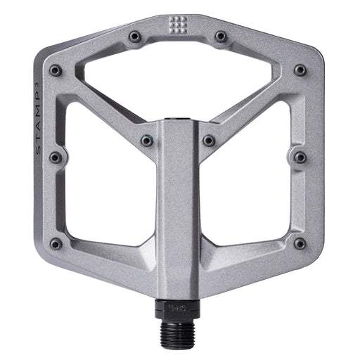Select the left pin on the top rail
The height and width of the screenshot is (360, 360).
coord(135,36)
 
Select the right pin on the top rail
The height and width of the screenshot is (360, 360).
coord(220,36)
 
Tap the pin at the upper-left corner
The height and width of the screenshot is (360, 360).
coord(56,70)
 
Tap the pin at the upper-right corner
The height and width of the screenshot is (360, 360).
coord(300,70)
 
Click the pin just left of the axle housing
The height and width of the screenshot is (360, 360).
coord(146,141)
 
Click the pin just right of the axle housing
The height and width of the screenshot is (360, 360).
coord(209,141)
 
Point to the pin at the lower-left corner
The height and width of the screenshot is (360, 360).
coord(56,243)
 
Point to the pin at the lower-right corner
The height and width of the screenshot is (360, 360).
coord(300,243)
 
